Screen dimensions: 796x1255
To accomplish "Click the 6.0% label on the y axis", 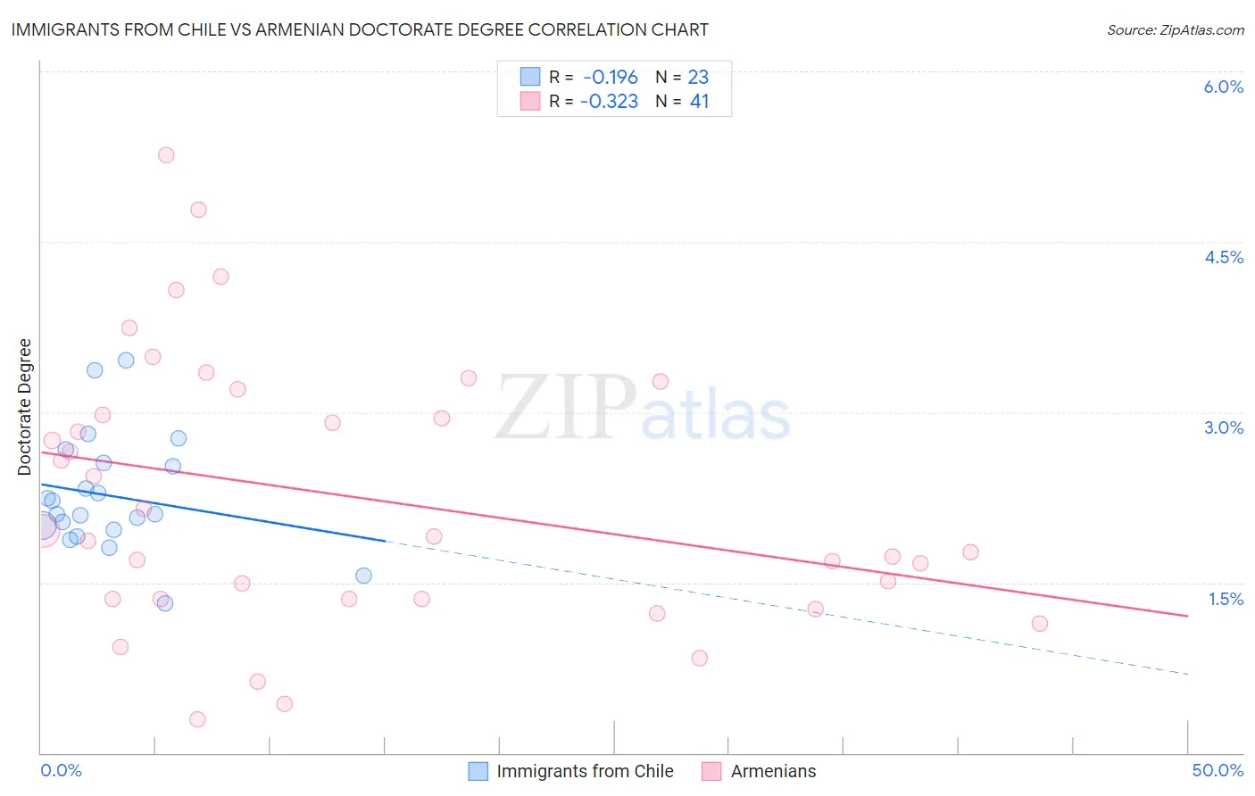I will pos(1223,87).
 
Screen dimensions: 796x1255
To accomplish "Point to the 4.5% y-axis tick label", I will pos(1223,257).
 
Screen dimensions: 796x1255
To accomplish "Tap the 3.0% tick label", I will pos(1223,427).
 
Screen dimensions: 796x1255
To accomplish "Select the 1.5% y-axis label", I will pos(1226,599).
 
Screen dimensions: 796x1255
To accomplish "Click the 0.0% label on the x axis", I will pos(61,770).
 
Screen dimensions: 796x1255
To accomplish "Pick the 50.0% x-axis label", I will pos(1217,770).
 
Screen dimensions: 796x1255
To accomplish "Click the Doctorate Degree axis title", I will pos(25,407).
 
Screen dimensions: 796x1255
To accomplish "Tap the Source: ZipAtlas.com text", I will pos(1175,29).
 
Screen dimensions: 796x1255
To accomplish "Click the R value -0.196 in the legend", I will pos(611,77).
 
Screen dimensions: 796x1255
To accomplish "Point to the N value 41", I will pos(699,102).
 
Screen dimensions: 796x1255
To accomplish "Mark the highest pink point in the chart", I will pos(166,155).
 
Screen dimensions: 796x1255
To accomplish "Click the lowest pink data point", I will pos(197,719).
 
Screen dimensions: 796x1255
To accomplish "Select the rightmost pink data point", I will pos(1039,624).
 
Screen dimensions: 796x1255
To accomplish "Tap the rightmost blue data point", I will pos(363,576).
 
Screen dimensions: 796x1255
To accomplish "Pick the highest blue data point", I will pos(126,361).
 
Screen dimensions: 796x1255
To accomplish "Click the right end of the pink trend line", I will pos(1187,616).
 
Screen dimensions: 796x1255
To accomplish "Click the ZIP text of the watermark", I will pos(564,408).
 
